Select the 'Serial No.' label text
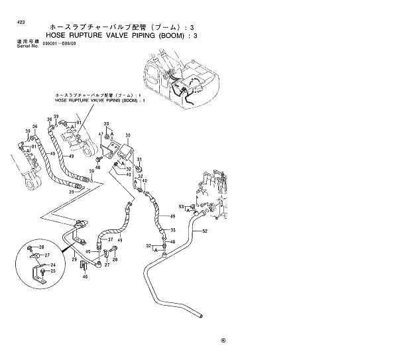(x=25, y=45)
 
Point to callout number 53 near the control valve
(x=181, y=206)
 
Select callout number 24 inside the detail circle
(x=54, y=265)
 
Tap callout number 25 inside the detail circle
(x=54, y=272)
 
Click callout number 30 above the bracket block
(x=128, y=135)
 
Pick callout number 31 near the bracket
(x=140, y=160)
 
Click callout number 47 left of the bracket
(x=101, y=135)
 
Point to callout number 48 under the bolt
(x=97, y=167)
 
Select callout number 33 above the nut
(x=105, y=124)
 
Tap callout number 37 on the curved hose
(x=111, y=239)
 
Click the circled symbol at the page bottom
(x=223, y=343)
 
